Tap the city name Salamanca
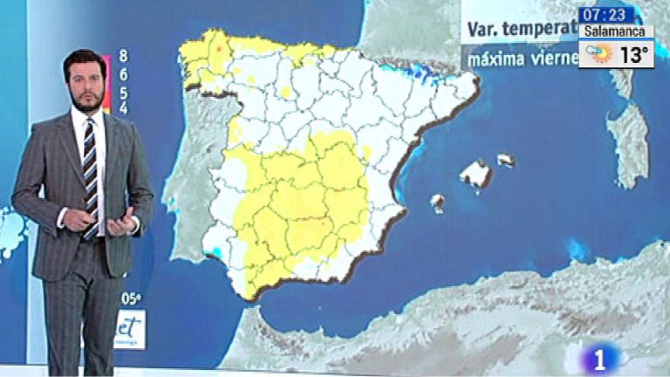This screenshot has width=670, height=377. point(615,31)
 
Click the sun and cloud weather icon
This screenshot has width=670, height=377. point(599,54)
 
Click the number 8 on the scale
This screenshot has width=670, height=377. point(123,56)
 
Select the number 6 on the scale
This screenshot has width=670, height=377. point(124,75)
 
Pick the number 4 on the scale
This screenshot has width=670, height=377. point(124,108)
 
